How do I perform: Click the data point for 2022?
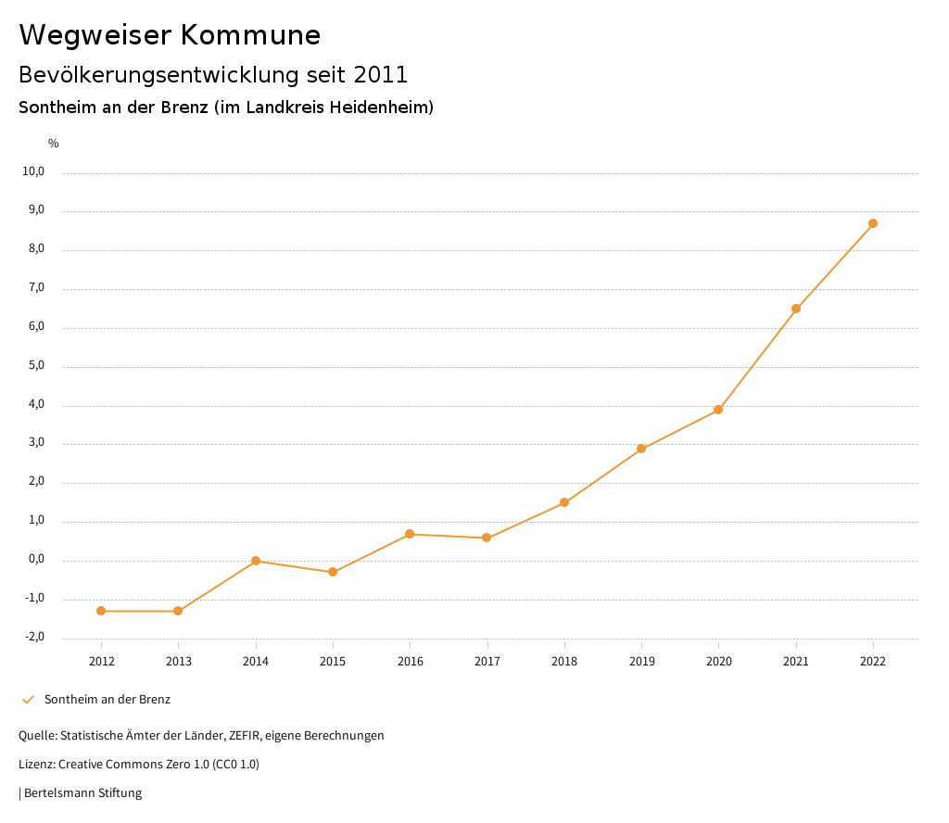click(873, 223)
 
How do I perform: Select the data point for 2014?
click(256, 561)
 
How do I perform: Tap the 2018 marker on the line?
click(564, 502)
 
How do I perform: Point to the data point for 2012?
click(101, 611)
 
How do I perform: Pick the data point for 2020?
click(718, 410)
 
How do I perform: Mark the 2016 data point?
click(410, 534)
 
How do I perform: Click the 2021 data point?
click(796, 309)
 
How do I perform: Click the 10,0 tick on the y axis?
click(33, 171)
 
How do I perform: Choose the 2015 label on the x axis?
click(333, 661)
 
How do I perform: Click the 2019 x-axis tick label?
click(641, 661)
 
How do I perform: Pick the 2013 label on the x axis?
click(179, 661)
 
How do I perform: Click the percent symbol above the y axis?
click(54, 143)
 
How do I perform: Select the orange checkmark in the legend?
click(28, 700)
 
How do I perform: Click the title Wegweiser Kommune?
click(170, 34)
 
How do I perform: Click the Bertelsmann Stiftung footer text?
click(82, 793)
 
